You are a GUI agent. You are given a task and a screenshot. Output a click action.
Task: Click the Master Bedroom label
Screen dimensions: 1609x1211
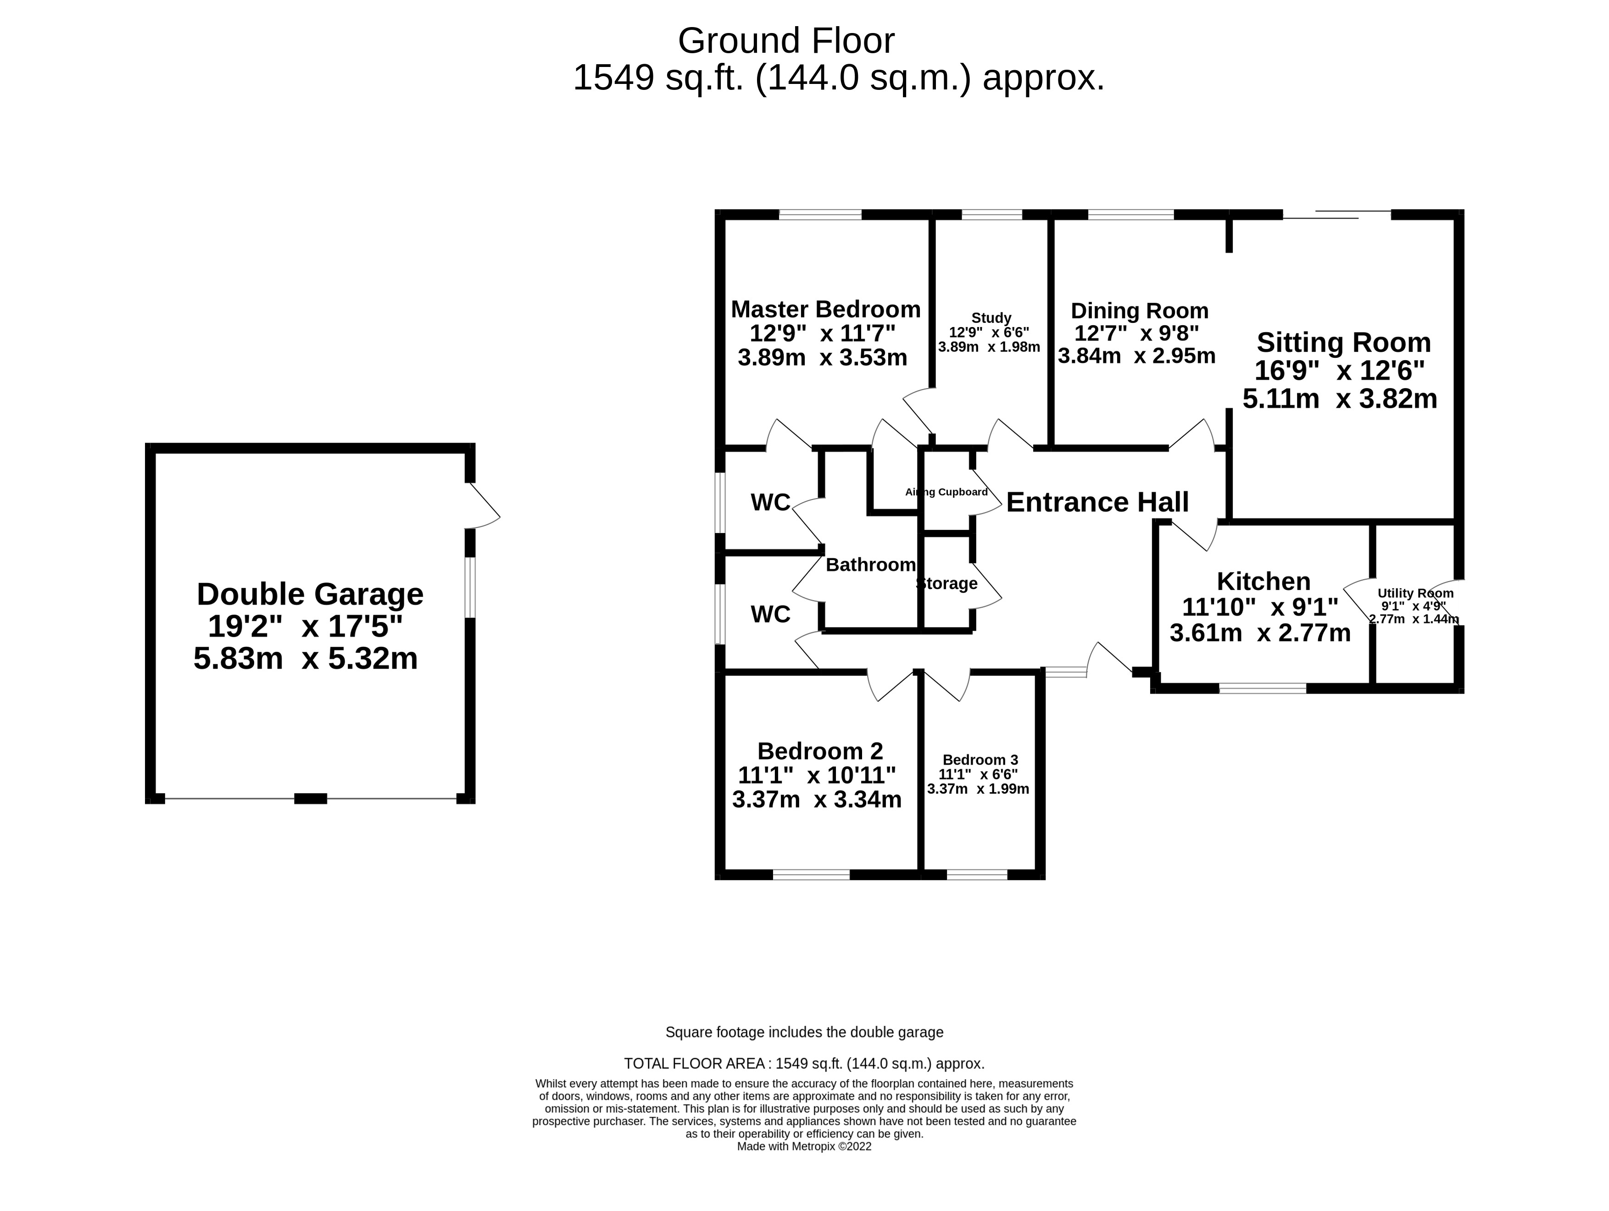825,309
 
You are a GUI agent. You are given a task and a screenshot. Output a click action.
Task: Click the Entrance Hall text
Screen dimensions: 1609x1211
1097,502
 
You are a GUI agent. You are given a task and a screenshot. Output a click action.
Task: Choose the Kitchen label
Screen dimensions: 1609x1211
1264,581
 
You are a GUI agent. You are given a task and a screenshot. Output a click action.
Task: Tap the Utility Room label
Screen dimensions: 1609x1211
1415,593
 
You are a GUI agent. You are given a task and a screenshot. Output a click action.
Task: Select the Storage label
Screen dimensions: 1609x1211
946,583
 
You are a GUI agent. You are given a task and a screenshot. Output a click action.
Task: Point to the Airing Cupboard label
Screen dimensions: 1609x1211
946,492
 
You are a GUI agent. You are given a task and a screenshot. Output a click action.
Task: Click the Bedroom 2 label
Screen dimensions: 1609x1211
820,750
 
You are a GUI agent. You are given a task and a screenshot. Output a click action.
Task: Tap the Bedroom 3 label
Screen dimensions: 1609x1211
980,760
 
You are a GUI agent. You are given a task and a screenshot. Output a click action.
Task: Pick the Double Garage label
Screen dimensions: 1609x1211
310,594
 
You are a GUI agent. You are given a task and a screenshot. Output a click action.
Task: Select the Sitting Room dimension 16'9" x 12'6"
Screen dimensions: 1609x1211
1340,371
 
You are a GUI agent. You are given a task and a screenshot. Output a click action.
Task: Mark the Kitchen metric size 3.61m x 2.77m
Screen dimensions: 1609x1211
1260,633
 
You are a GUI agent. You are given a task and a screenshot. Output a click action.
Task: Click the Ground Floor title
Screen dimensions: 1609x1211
786,41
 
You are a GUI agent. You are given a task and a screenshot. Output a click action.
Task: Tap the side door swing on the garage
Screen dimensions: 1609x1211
484,506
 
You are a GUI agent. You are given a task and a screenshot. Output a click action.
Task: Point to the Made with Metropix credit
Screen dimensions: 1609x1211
805,1147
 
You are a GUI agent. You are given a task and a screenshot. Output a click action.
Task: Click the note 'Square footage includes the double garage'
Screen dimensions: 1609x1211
805,1032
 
